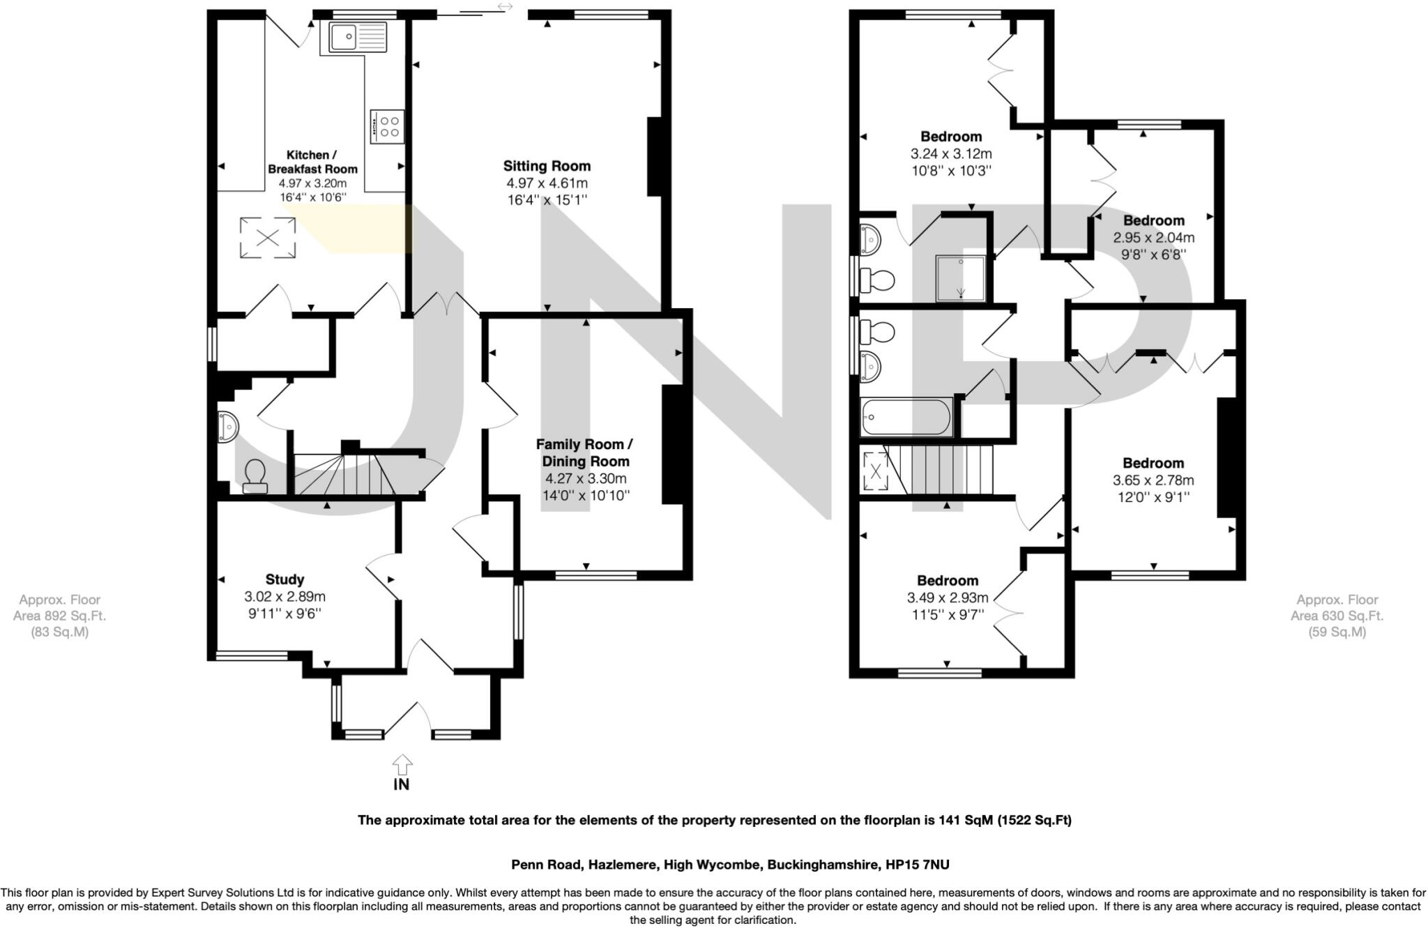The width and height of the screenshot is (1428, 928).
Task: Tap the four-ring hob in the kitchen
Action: pyautogui.click(x=387, y=126)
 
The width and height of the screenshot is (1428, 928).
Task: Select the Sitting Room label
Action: pyautogui.click(x=547, y=166)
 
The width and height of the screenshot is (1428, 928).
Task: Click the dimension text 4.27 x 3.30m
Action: pyautogui.click(x=586, y=479)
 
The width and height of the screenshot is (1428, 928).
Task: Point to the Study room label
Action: pyautogui.click(x=284, y=579)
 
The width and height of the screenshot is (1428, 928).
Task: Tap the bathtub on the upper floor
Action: pyautogui.click(x=906, y=418)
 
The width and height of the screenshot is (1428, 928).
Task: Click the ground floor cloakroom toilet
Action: pyautogui.click(x=255, y=478)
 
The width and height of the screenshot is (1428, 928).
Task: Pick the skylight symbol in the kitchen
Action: pyautogui.click(x=267, y=238)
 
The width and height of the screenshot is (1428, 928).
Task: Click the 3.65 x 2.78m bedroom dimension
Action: pyautogui.click(x=1153, y=480)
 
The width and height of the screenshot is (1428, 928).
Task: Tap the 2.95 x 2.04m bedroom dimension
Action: pyautogui.click(x=1153, y=238)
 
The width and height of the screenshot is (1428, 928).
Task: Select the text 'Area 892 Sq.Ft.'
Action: pyautogui.click(x=59, y=616)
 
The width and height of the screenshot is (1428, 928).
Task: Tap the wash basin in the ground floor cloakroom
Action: pyautogui.click(x=228, y=427)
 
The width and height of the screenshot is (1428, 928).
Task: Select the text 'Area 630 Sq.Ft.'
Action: pyautogui.click(x=1337, y=616)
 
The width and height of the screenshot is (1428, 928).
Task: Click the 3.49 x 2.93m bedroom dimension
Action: pyautogui.click(x=947, y=598)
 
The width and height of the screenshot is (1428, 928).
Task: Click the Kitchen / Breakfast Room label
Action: pyautogui.click(x=312, y=162)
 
